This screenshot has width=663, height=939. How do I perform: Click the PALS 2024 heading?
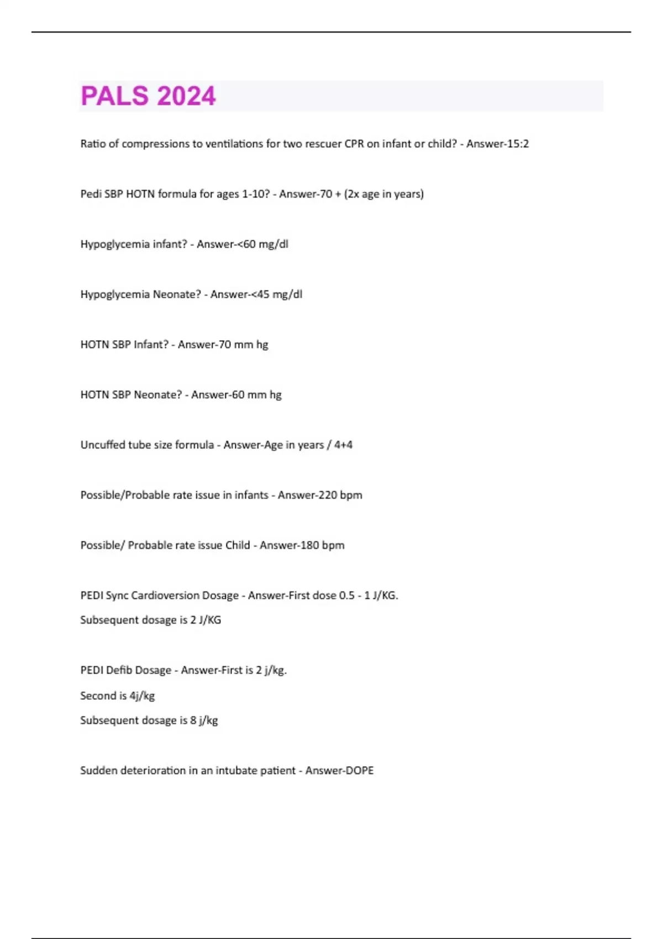tap(148, 96)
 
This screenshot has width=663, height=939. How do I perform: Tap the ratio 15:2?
tap(518, 144)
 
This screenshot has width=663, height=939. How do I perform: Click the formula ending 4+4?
tap(343, 445)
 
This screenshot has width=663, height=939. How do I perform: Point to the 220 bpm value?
tap(335, 495)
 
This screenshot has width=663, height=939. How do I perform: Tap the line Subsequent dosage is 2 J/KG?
tap(150, 620)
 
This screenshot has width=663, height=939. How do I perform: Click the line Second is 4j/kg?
tap(117, 695)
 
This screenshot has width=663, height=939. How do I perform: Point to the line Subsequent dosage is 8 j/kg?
tap(149, 720)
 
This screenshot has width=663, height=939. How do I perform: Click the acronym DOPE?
tap(359, 771)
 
